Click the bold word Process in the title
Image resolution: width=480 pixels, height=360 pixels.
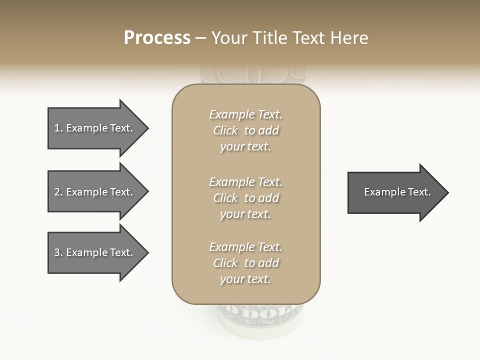(157, 38)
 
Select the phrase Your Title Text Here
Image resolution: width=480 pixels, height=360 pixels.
(290, 38)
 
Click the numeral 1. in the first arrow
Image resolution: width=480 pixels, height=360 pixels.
(58, 128)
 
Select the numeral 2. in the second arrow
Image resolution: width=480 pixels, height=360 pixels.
(58, 192)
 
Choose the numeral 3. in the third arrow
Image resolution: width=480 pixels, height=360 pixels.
(58, 252)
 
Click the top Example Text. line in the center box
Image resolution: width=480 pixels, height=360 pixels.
(245, 114)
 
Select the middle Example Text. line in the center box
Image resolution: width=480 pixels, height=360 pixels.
(245, 182)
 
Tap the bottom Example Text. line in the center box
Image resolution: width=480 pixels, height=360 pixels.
(245, 247)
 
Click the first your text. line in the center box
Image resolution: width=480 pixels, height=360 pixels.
(245, 147)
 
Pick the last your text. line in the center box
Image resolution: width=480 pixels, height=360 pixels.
(245, 279)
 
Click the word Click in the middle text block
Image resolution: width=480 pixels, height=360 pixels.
(225, 198)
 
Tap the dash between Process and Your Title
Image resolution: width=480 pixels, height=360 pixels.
(201, 38)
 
